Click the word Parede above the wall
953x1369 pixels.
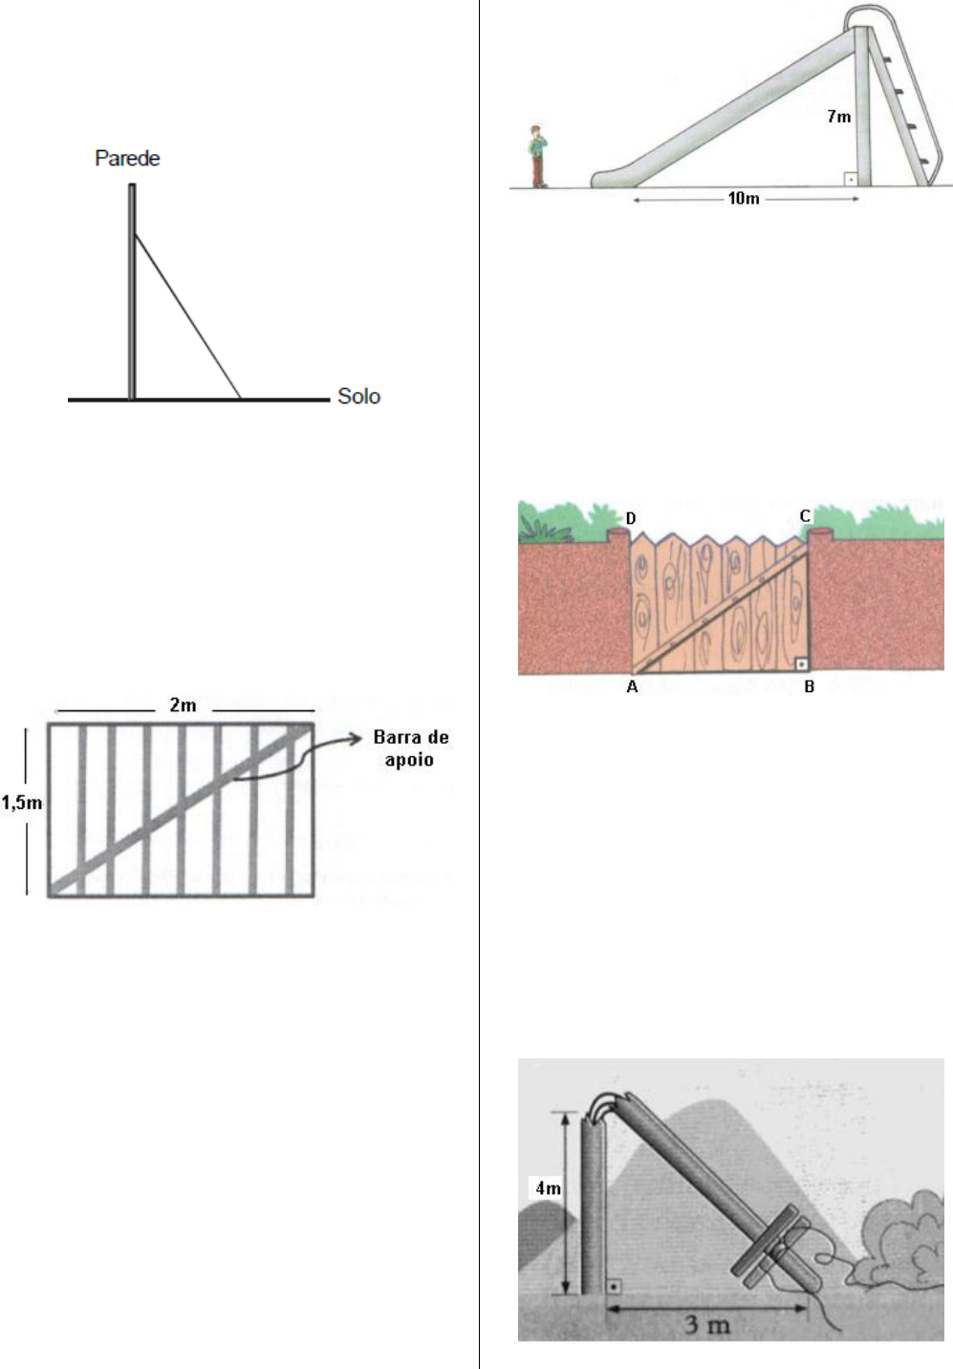(127, 159)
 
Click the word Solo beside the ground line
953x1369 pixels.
(359, 396)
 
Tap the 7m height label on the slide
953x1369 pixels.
(838, 116)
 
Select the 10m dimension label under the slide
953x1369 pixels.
(744, 198)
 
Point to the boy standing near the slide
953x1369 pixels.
(537, 157)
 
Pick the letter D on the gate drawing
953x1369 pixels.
(631, 518)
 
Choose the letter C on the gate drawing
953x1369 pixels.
(805, 516)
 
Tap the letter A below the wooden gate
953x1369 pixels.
(632, 687)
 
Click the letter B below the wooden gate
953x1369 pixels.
(809, 687)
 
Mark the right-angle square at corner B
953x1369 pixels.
(802, 663)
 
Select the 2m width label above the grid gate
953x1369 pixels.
(183, 706)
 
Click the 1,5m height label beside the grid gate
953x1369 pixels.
(22, 802)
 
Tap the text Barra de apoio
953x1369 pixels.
(410, 748)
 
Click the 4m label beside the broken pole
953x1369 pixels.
(548, 1188)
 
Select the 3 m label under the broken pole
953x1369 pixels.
(706, 1325)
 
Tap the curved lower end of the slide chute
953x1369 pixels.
(605, 177)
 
